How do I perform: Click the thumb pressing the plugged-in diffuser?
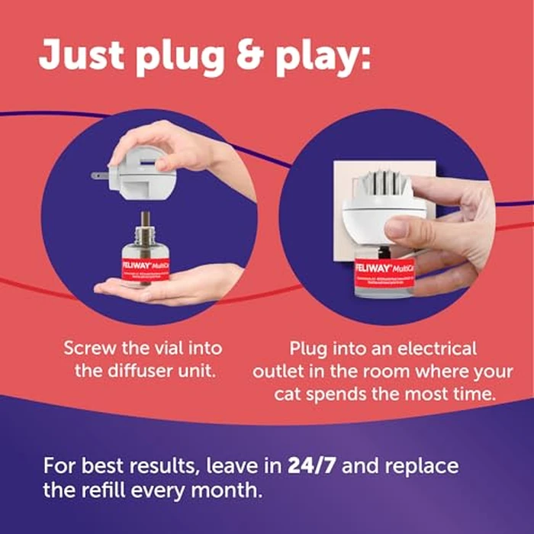pos(402,227)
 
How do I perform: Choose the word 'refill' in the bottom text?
pos(113,489)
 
